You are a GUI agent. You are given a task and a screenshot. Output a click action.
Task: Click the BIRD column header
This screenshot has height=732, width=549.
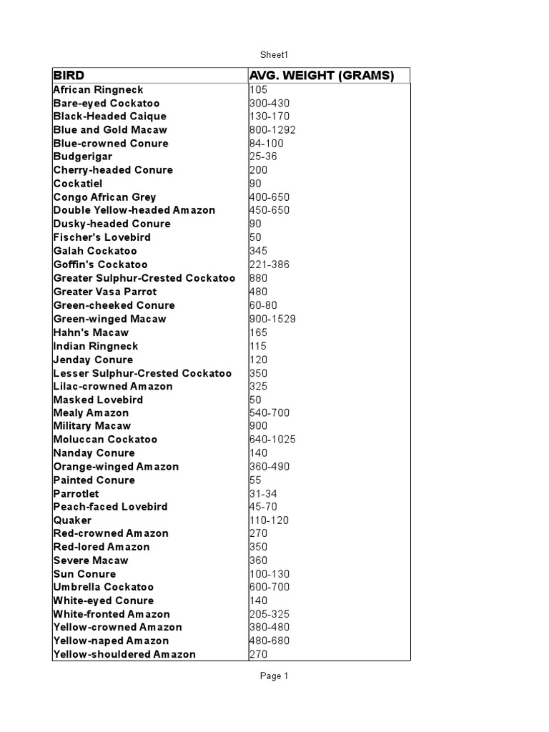[x=69, y=75]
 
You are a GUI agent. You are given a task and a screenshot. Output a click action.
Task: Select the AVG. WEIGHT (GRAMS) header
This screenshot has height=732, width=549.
[x=322, y=75]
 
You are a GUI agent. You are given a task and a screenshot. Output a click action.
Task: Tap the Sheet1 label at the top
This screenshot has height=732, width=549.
[x=274, y=54]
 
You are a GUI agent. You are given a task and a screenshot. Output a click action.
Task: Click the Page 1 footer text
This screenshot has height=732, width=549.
[x=274, y=676]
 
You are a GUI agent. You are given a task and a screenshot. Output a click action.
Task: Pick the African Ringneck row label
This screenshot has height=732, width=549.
[x=98, y=89]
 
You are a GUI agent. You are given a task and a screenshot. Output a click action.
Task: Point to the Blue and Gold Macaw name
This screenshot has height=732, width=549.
[x=110, y=129]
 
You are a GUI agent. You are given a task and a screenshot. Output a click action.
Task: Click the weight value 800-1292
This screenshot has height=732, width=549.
[x=272, y=129]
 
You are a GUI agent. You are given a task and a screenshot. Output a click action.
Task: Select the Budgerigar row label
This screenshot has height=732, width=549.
[x=82, y=157]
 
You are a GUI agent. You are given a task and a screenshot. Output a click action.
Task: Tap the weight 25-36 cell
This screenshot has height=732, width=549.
[x=262, y=157]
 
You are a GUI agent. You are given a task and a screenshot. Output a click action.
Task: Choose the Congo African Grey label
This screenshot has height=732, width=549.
[x=104, y=197]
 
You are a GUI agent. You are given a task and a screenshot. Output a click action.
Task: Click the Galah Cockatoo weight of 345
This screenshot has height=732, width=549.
[x=258, y=251]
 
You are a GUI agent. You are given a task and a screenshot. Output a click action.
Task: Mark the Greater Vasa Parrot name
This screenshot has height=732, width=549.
[x=104, y=291]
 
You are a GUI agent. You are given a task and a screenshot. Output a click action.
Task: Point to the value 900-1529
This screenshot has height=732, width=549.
[x=272, y=319]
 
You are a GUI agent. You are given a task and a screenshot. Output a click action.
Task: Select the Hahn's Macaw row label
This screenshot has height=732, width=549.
[x=91, y=332]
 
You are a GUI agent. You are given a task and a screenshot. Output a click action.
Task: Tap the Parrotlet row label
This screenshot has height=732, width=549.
[x=76, y=493]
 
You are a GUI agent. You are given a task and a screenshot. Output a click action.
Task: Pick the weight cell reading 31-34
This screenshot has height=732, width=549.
[x=262, y=493]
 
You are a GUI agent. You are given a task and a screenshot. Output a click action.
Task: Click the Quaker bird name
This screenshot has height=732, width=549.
[x=72, y=520]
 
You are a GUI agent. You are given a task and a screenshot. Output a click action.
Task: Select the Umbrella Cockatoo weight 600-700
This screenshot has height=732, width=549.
[x=269, y=587]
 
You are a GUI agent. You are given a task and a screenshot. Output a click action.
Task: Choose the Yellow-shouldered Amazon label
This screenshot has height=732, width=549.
[x=124, y=654]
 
